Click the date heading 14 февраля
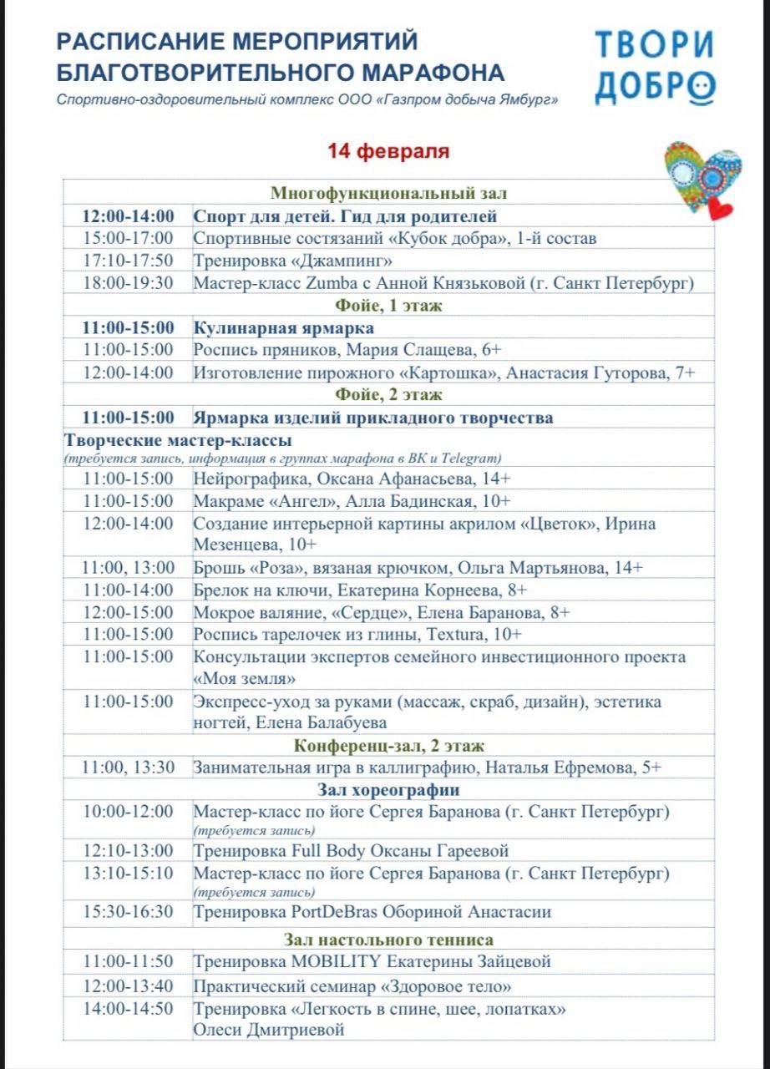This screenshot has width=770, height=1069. pos(388,152)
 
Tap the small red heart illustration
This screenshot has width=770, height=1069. pos(719,207)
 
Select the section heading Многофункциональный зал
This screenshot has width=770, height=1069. pos(388,194)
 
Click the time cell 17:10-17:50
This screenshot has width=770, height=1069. pos(128,261)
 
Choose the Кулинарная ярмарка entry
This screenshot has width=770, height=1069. pos(284,327)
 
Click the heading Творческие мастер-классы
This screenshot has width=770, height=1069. pos(177,440)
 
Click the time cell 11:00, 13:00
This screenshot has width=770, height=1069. pos(128,568)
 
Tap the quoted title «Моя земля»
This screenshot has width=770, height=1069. pos(245,678)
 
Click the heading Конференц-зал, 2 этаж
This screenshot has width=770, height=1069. pos(388,746)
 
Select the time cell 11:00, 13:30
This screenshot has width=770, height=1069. pos(128,768)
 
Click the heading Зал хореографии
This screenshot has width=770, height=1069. pos(388,790)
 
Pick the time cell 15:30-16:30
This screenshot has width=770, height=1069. pos(128,912)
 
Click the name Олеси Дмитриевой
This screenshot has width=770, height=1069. pos(269,1030)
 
